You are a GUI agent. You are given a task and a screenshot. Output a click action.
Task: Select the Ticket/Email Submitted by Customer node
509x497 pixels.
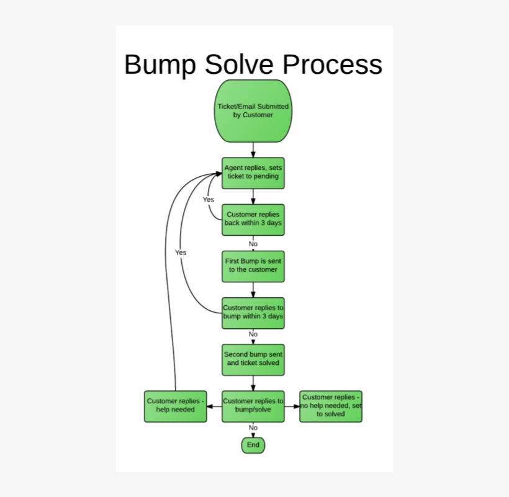pos(253,111)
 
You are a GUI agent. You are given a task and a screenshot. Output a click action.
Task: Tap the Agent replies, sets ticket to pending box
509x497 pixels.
pos(253,172)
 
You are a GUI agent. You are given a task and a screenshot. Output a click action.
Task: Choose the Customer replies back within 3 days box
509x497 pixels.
pos(253,220)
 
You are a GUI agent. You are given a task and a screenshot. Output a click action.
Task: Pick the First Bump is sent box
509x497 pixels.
pos(253,266)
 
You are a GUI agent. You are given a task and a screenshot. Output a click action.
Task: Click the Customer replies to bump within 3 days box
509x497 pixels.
pos(253,313)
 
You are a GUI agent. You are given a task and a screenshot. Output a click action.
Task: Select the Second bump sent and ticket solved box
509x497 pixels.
pos(253,359)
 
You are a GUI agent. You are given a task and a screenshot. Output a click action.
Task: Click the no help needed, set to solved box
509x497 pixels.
pos(331,406)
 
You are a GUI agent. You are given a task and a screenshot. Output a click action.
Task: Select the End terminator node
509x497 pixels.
pos(253,445)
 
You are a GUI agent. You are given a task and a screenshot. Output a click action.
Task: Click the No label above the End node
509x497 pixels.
pos(253,428)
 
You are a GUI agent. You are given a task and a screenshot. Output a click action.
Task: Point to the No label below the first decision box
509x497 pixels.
pos(253,244)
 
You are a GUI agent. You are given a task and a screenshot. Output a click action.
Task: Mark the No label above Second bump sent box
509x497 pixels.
pos(253,334)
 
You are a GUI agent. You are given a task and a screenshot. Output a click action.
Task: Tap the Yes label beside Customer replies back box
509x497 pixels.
pos(209,200)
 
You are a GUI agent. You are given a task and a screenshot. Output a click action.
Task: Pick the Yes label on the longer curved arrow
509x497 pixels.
pos(181,253)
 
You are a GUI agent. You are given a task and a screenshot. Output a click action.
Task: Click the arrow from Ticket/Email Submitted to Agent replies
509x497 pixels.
pos(253,150)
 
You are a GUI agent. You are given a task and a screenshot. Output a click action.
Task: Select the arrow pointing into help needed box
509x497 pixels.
pos(214,406)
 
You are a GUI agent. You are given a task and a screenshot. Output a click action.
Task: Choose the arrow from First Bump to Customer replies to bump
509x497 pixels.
pos(253,290)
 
